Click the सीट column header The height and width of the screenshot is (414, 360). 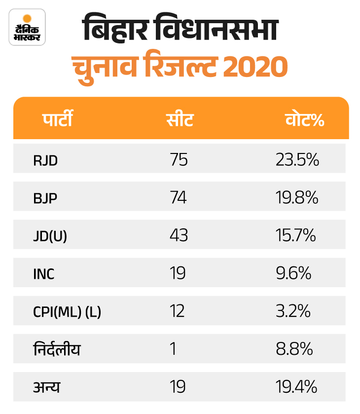point(180,119)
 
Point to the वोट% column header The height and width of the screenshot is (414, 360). point(305,119)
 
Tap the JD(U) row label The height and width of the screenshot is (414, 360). point(50,236)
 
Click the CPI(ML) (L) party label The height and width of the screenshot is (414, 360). point(67,312)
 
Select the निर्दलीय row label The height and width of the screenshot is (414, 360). point(57,349)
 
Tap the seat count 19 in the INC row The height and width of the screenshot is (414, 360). point(177,273)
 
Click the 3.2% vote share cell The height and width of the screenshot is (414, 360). point(293,311)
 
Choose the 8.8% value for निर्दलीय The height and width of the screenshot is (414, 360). point(294,349)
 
